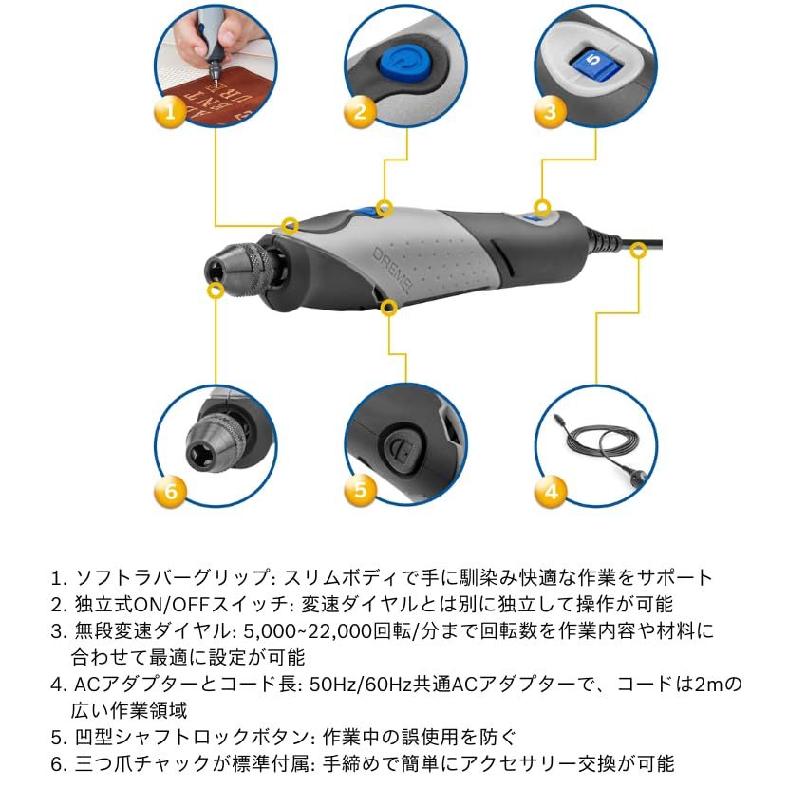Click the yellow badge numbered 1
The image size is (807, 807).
170,114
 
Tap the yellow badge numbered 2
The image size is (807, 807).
360,114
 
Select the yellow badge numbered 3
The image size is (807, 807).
550,114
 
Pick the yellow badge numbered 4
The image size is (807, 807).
551,491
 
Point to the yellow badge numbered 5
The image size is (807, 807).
360,491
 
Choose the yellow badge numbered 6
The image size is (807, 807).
170,491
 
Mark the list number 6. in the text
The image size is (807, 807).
59,763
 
